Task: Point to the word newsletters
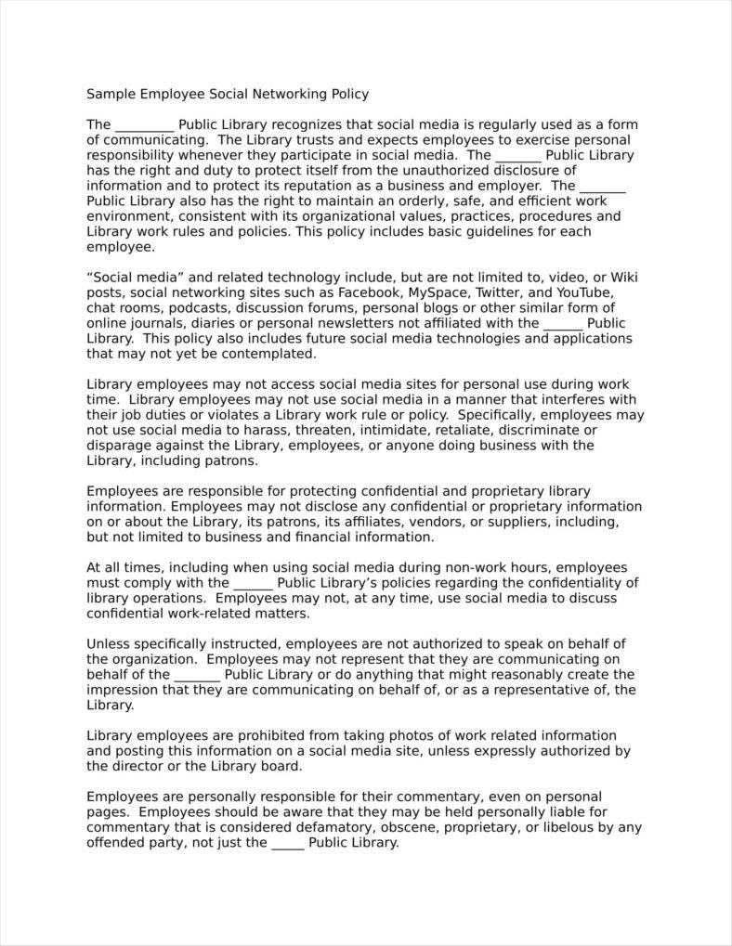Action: pos(351,323)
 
